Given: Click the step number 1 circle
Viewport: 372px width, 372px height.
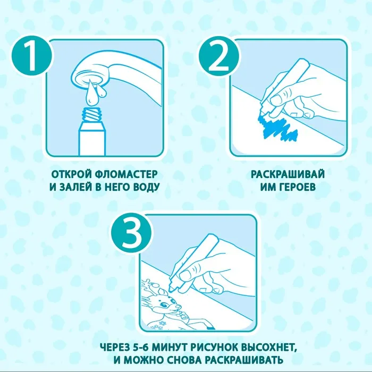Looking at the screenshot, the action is (31, 56).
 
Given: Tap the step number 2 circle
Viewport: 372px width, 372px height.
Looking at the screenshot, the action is (219, 56).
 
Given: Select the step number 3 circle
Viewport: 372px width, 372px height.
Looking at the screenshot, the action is (131, 232).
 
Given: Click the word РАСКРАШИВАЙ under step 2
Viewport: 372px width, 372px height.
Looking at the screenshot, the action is (288, 174).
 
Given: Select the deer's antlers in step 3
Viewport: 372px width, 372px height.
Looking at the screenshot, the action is (148, 286).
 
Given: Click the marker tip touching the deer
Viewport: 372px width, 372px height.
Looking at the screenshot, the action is (171, 289).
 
